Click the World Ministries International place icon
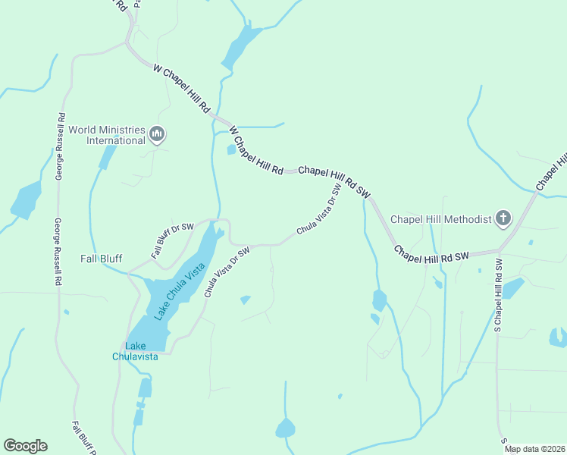[x=158, y=135]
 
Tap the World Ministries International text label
[x=107, y=135]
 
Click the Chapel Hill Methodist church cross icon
[x=503, y=219]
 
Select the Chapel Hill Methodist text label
[x=440, y=220]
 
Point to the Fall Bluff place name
[x=102, y=259]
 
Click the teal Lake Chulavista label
[x=135, y=351]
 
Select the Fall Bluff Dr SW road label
[x=172, y=241]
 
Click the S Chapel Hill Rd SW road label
[x=499, y=294]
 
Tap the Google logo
[x=25, y=445]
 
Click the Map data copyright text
[x=535, y=449]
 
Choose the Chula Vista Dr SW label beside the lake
[x=225, y=272]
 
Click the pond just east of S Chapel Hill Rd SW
[x=513, y=288]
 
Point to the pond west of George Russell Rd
[x=27, y=199]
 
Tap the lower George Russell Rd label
[x=57, y=252]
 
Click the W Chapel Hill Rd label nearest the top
[x=181, y=89]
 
